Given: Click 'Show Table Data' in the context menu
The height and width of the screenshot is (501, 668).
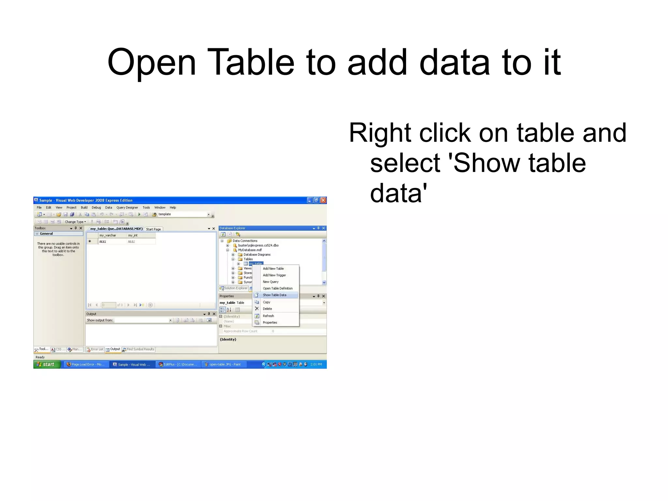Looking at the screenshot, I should click(x=274, y=295).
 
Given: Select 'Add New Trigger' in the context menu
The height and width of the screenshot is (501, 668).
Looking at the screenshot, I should click(x=274, y=275).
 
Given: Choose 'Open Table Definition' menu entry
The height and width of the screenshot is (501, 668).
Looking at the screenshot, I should click(x=278, y=289).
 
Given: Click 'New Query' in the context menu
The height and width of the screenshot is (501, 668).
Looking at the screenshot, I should click(x=270, y=282).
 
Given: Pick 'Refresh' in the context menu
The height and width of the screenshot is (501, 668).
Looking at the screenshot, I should click(x=268, y=316).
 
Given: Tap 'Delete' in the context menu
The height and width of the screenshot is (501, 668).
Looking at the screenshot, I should click(x=267, y=309).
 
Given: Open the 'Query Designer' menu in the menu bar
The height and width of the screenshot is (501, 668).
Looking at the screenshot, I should click(x=127, y=208).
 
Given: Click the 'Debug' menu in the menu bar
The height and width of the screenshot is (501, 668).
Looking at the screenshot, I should click(x=96, y=208).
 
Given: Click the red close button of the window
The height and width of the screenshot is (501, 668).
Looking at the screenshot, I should click(x=323, y=200).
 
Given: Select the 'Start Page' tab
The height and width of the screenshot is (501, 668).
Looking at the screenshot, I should click(x=153, y=229).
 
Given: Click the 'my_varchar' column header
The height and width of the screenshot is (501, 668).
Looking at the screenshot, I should click(x=108, y=235).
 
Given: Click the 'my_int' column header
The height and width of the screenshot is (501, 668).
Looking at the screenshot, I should click(x=133, y=235).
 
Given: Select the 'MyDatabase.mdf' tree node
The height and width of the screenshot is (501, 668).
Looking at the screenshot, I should click(x=250, y=250).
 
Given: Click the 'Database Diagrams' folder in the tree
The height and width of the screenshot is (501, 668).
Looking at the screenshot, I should click(x=257, y=255).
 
